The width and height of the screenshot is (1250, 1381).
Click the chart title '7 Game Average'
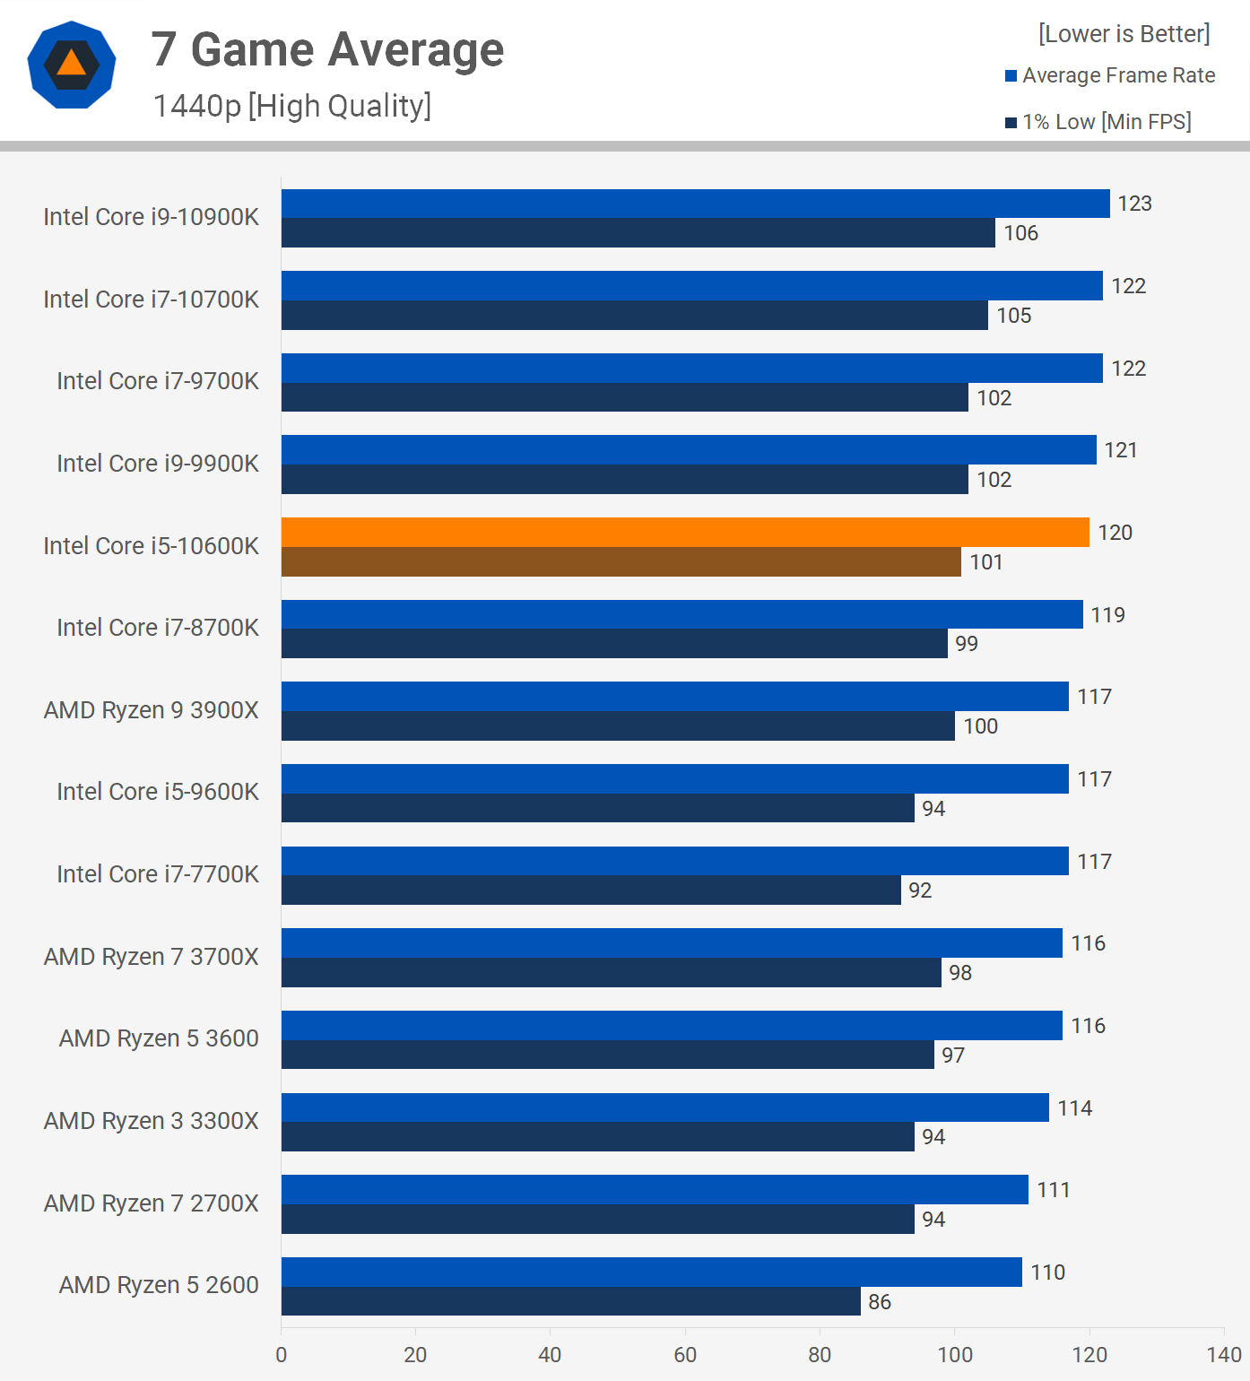(327, 49)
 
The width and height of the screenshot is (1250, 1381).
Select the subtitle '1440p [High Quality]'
(292, 106)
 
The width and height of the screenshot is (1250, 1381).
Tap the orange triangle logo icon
(72, 65)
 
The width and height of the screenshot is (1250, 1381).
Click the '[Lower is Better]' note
(1124, 34)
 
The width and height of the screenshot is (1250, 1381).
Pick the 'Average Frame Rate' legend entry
(1118, 75)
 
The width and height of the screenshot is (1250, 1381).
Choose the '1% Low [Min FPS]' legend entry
(1107, 122)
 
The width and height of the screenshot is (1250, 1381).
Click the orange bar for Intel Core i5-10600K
(685, 533)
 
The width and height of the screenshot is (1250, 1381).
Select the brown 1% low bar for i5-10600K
(621, 562)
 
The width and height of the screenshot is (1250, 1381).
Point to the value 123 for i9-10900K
(1134, 204)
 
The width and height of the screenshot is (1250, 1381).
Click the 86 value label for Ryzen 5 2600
(880, 1302)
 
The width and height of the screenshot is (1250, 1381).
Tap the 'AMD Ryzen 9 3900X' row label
(152, 710)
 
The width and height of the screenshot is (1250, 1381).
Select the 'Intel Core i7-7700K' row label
(158, 874)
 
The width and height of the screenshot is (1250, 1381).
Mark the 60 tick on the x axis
(685, 1355)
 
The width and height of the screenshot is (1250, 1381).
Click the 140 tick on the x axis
(1224, 1355)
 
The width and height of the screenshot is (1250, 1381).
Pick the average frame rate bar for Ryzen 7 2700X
(655, 1190)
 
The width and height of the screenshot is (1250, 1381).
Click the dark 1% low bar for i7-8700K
(614, 644)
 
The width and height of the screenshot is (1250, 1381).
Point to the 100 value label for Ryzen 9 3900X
(980, 726)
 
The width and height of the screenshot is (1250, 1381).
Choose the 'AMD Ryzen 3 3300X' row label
(152, 1121)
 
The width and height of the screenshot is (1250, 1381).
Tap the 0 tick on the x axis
(282, 1355)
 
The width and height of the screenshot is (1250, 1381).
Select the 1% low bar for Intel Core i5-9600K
(597, 809)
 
